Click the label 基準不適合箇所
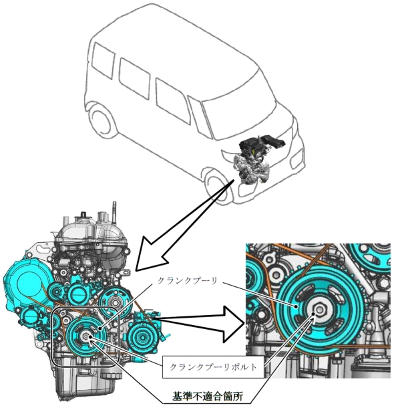click(208, 396)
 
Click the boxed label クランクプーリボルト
click(213, 367)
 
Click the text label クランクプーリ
click(187, 280)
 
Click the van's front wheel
click(218, 188)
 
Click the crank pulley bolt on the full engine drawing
click(85, 336)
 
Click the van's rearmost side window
click(104, 60)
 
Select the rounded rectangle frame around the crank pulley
click(85, 308)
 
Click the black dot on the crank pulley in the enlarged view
click(296, 307)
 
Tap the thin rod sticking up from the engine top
click(114, 210)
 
